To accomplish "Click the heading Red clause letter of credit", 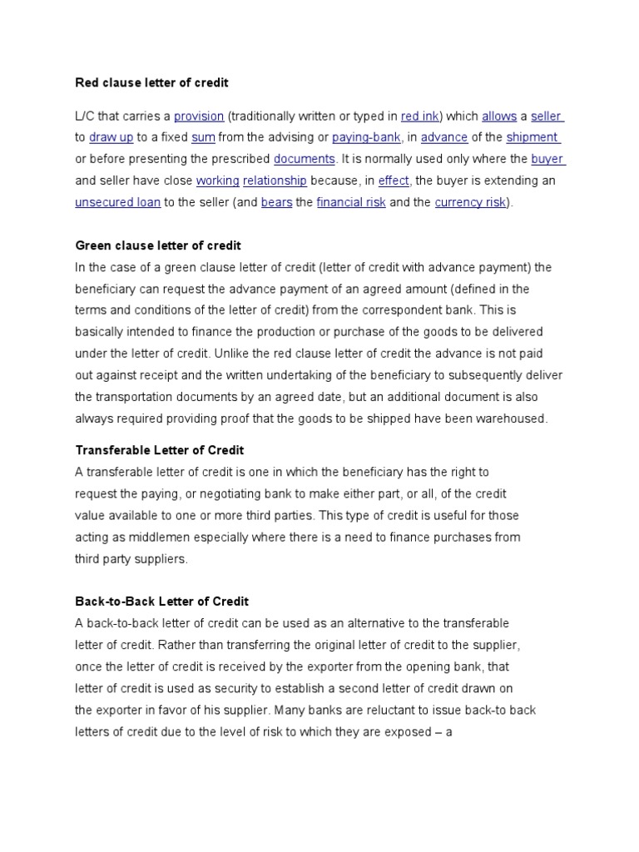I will click(151, 82).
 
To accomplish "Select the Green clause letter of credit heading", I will click(158, 245).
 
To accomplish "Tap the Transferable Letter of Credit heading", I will click(160, 450).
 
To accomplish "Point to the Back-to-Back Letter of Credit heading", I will click(162, 602).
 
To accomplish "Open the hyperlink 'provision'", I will click(199, 116).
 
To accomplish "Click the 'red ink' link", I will click(420, 116).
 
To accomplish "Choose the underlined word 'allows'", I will click(499, 116).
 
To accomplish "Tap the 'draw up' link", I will click(111, 138).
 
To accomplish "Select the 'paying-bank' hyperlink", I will click(366, 138).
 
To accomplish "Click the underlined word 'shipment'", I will click(532, 138).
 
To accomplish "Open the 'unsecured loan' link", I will click(118, 202).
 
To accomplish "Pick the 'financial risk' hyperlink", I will click(351, 202).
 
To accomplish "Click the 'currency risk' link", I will click(470, 202).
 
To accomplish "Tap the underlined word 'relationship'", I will click(275, 181).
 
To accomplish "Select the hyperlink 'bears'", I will click(276, 202).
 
